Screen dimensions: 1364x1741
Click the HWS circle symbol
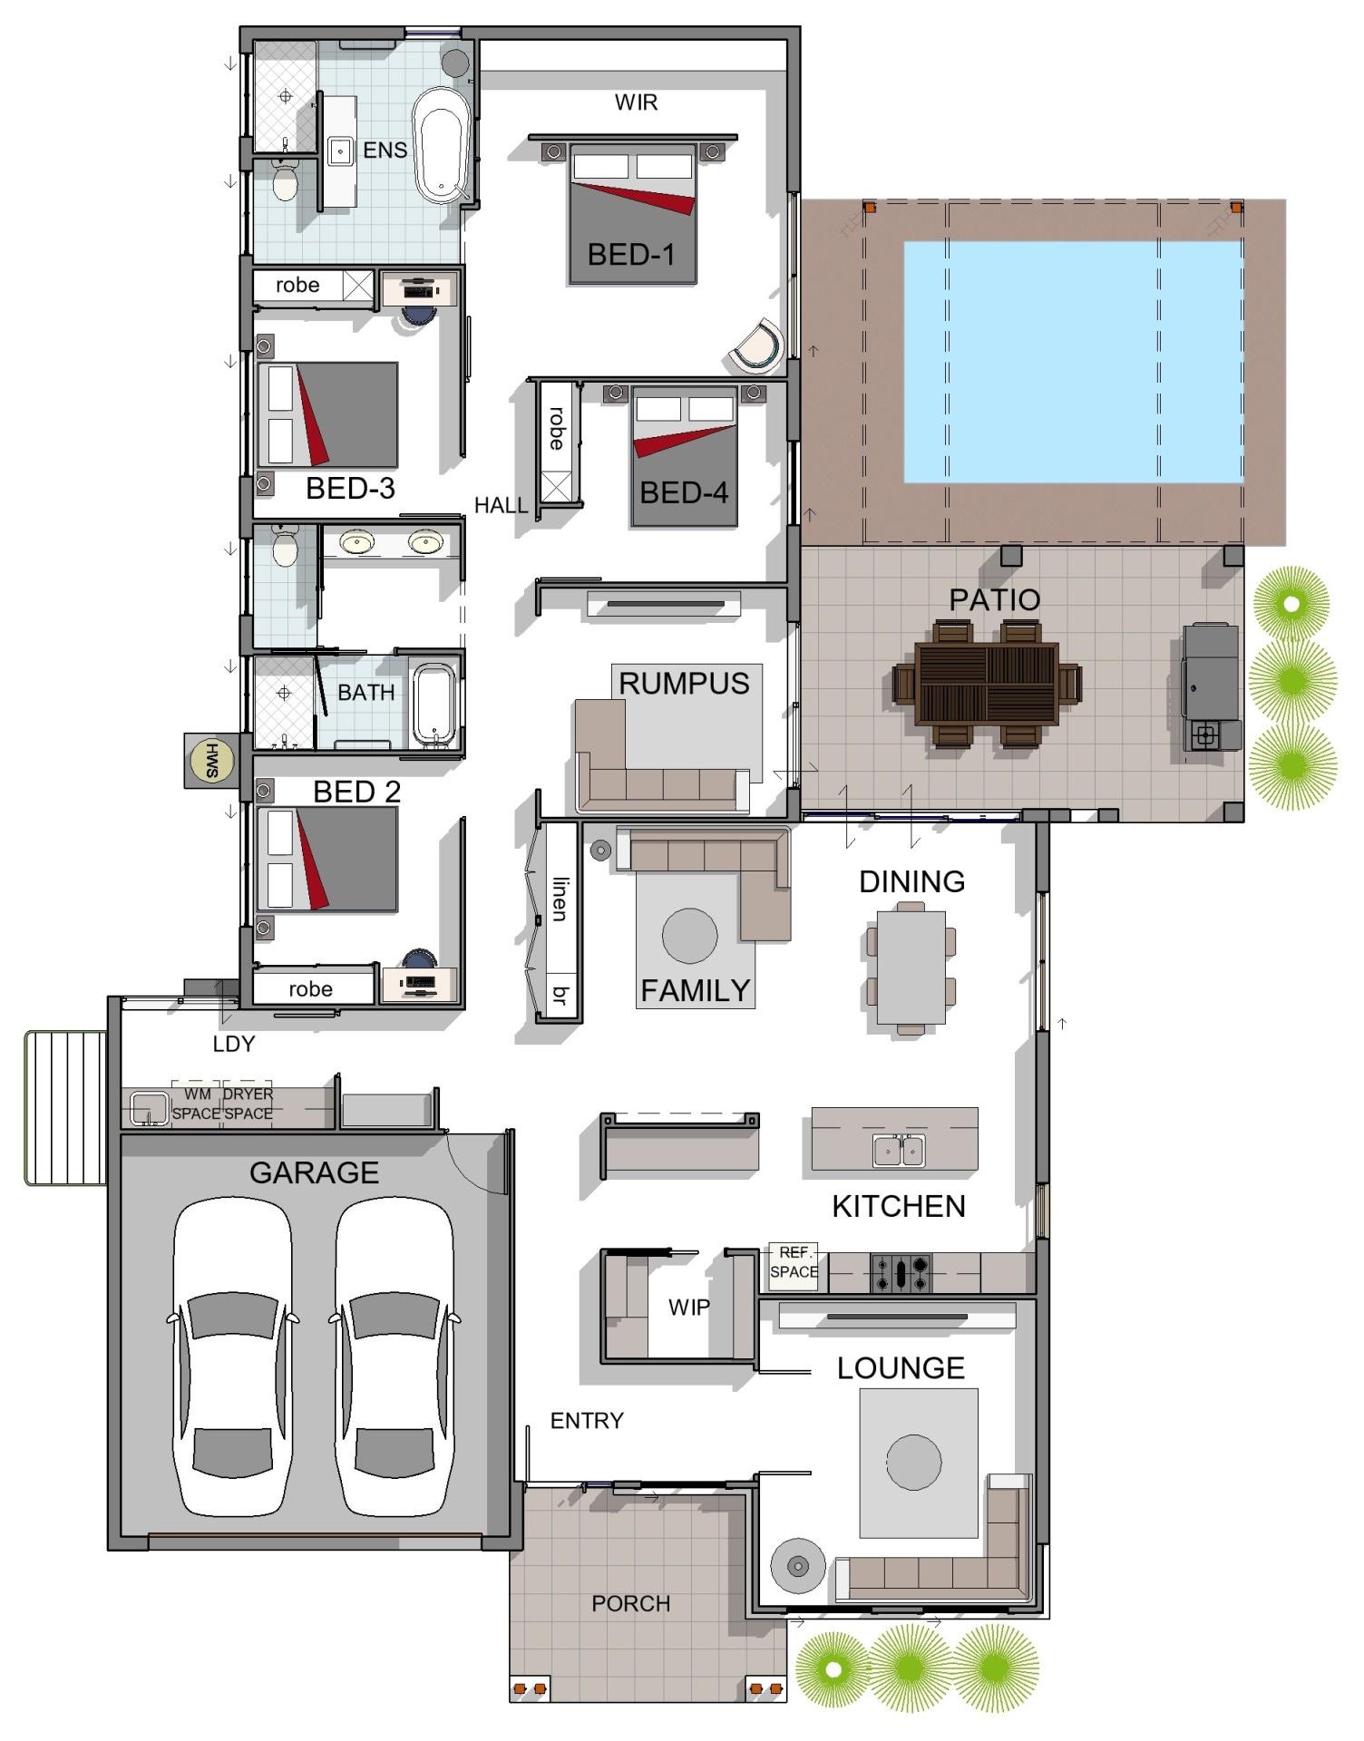coord(211,761)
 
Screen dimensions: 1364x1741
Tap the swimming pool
coord(1073,362)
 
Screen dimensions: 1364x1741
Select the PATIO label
coord(994,599)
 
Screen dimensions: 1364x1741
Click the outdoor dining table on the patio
coord(987,683)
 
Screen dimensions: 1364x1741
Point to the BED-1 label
coord(631,255)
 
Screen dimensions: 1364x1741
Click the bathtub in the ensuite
coord(442,145)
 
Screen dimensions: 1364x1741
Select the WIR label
coord(636,102)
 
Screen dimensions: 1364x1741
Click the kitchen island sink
coord(899,1151)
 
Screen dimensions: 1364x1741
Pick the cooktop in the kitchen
coord(901,1273)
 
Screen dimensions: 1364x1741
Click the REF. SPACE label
coord(794,1262)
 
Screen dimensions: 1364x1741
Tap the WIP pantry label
coord(688,1308)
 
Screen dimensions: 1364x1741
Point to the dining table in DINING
coord(911,968)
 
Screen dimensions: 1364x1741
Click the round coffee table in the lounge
coord(914,1463)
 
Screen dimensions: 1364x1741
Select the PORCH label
coord(630,1604)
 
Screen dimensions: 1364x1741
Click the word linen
coord(560,899)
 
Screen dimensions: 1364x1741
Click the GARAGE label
coord(314,1173)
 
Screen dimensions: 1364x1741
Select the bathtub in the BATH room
coord(434,705)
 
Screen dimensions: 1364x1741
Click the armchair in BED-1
coord(758,346)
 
